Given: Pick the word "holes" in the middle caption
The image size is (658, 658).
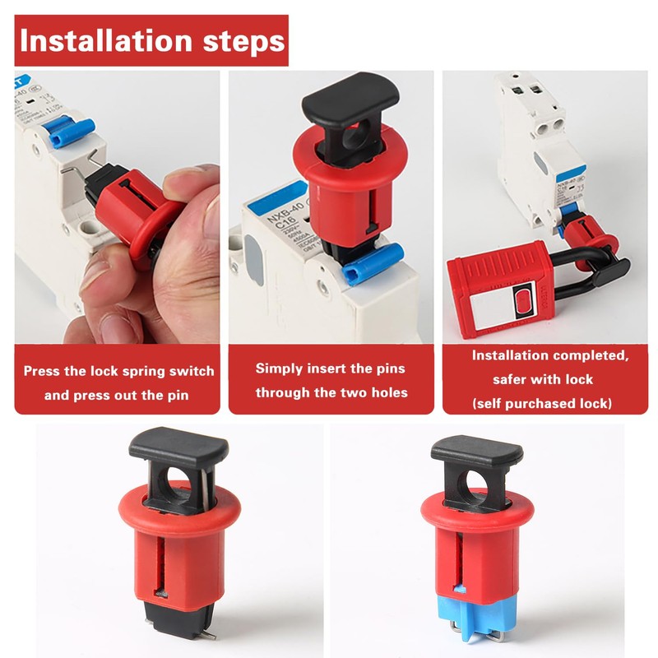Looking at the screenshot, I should (x=387, y=392).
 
